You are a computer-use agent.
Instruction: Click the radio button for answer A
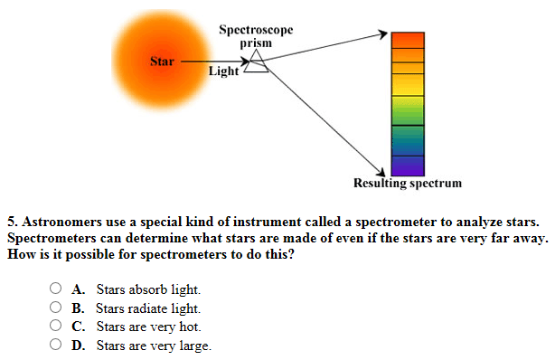click(56, 290)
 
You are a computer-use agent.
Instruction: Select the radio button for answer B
click(56, 308)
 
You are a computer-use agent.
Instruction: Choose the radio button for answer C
click(56, 327)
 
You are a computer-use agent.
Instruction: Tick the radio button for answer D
click(56, 345)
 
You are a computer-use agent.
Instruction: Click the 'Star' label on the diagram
click(162, 62)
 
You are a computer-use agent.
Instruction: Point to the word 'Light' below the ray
click(223, 71)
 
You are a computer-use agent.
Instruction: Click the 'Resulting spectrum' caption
click(407, 184)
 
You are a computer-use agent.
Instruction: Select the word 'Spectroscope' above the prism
click(256, 31)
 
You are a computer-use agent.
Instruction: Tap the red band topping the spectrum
click(406, 39)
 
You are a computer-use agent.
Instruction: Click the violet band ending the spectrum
click(406, 166)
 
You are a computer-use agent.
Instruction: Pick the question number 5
click(12, 221)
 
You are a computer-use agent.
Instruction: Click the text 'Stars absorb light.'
click(149, 290)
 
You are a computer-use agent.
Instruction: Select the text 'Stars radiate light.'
click(149, 308)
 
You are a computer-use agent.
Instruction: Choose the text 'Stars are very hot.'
click(148, 327)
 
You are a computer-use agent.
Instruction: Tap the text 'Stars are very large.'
click(154, 345)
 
